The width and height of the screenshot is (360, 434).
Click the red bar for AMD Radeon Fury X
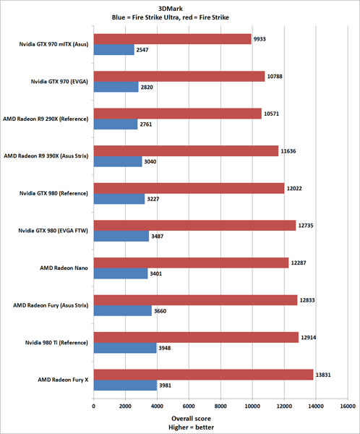tap(203, 375)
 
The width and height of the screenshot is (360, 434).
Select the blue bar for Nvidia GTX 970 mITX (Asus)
tap(113, 50)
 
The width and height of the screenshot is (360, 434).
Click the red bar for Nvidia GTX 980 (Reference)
tap(189, 187)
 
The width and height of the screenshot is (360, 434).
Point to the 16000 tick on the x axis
tap(348, 407)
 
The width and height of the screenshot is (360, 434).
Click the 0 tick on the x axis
tap(93, 407)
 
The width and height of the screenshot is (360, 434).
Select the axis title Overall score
tap(192, 419)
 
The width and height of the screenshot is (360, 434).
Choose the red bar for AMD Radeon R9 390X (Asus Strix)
tap(186, 150)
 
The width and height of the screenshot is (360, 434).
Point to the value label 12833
tap(309, 299)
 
